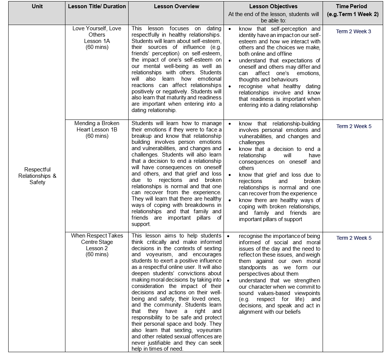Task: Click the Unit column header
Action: (x=37, y=6)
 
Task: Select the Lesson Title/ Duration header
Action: (x=97, y=6)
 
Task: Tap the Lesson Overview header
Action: (x=176, y=6)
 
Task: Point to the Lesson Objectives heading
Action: (x=273, y=6)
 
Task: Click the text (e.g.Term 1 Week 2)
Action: (x=352, y=14)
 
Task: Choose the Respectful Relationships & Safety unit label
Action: (x=37, y=176)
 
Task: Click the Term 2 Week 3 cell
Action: (x=353, y=31)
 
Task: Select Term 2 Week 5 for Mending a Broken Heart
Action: (x=354, y=126)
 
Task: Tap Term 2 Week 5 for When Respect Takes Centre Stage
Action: (x=354, y=238)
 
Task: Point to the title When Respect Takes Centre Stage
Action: (x=97, y=239)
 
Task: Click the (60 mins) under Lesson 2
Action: (x=97, y=254)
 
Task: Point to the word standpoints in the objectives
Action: (x=253, y=267)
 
